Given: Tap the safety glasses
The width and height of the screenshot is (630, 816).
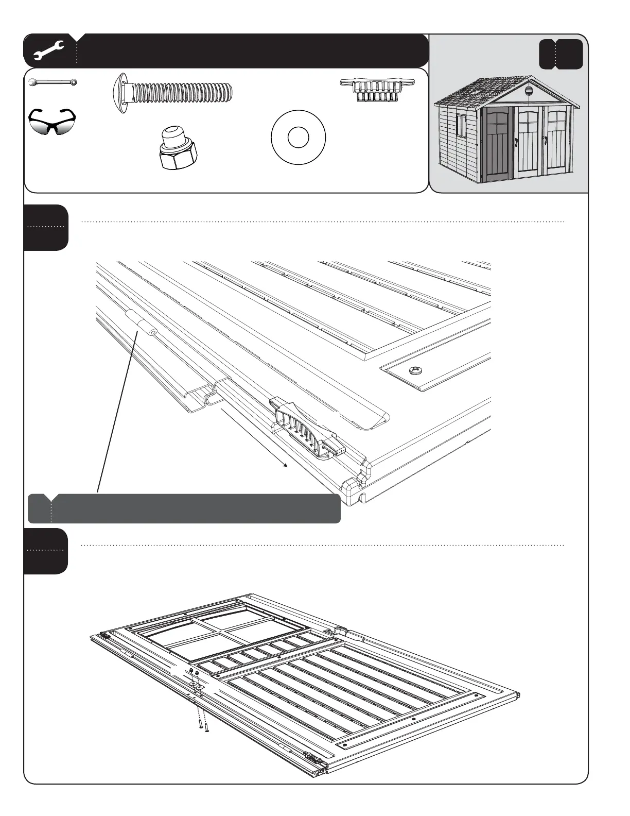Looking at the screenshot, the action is coord(51,122).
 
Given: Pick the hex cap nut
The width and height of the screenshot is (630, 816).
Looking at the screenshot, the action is coord(177,149).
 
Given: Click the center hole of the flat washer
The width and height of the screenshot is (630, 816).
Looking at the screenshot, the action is coord(298,138).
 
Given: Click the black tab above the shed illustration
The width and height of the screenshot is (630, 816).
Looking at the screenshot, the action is coord(561,54).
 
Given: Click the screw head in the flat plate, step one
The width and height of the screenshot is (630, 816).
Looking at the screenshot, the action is coord(415,370).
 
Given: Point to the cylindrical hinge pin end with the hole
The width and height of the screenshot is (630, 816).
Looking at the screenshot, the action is coord(152,332).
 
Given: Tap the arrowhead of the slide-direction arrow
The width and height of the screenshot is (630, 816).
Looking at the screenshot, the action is coord(285,465).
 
